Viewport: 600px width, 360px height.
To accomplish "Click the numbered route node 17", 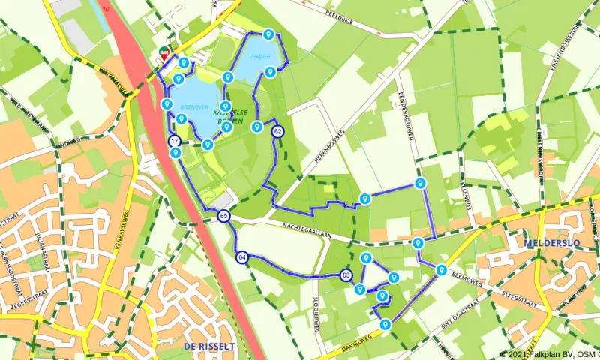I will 174,141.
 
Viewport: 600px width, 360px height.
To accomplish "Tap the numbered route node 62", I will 278,132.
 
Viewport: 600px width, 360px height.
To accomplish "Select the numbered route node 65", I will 224,217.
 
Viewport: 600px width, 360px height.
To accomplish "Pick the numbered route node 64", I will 241,257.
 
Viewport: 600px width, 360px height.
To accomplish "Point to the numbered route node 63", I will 346,275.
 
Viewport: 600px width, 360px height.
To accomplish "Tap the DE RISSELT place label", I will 208,346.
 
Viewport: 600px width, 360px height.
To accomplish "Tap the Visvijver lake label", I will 259,55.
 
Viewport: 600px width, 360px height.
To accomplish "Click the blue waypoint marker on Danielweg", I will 385,325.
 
